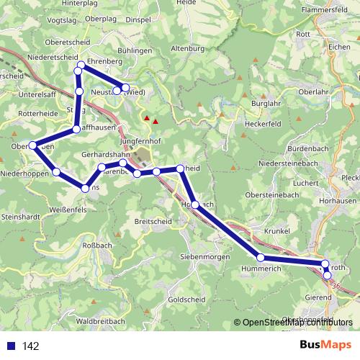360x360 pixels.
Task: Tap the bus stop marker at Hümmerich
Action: (x=261, y=257)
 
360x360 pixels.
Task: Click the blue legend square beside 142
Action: (x=11, y=346)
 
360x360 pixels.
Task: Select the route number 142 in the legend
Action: (x=30, y=346)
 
